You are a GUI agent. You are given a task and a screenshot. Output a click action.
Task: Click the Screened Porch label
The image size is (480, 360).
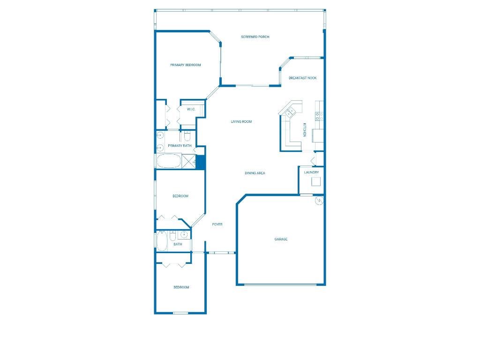pyautogui.click(x=255, y=37)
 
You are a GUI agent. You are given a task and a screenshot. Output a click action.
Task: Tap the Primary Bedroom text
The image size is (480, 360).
pyautogui.click(x=185, y=65)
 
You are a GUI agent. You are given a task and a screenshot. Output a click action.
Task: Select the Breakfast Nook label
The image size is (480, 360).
pyautogui.click(x=302, y=78)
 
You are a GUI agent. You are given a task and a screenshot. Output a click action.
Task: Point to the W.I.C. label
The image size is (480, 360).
pyautogui.click(x=191, y=109)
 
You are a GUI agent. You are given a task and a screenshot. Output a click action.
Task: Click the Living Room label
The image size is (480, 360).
pyautogui.click(x=241, y=122)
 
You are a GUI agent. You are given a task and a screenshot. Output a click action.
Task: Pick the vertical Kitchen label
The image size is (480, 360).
pyautogui.click(x=304, y=129)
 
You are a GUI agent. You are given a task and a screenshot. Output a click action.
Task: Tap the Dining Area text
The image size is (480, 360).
pyautogui.click(x=255, y=173)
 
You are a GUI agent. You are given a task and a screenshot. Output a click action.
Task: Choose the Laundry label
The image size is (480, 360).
pyautogui.click(x=311, y=172)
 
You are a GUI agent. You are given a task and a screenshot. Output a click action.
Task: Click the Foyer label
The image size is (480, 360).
pyautogui.click(x=217, y=225)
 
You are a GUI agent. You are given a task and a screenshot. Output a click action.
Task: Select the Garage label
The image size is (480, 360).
pyautogui.click(x=281, y=240)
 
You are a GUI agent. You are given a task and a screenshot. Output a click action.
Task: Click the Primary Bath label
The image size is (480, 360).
pyautogui.click(x=180, y=146)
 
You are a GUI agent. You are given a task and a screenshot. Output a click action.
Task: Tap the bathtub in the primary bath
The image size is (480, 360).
pyautogui.click(x=168, y=162)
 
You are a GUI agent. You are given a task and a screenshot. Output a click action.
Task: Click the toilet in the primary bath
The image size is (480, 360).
pyautogui.click(x=187, y=136)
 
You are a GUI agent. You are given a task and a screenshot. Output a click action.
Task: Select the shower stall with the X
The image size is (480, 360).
pyautogui.click(x=188, y=162)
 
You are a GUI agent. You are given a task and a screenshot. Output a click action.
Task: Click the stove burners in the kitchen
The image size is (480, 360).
pyautogui.click(x=319, y=116)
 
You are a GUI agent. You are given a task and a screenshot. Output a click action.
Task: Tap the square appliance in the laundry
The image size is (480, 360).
pyautogui.click(x=315, y=181)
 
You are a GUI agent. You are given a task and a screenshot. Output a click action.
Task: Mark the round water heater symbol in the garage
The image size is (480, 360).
pyautogui.click(x=319, y=200)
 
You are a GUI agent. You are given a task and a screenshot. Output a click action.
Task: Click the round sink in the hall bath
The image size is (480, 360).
pyautogui.click(x=184, y=235)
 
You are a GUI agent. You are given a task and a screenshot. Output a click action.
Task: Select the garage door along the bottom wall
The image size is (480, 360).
pyautogui.click(x=280, y=284)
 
